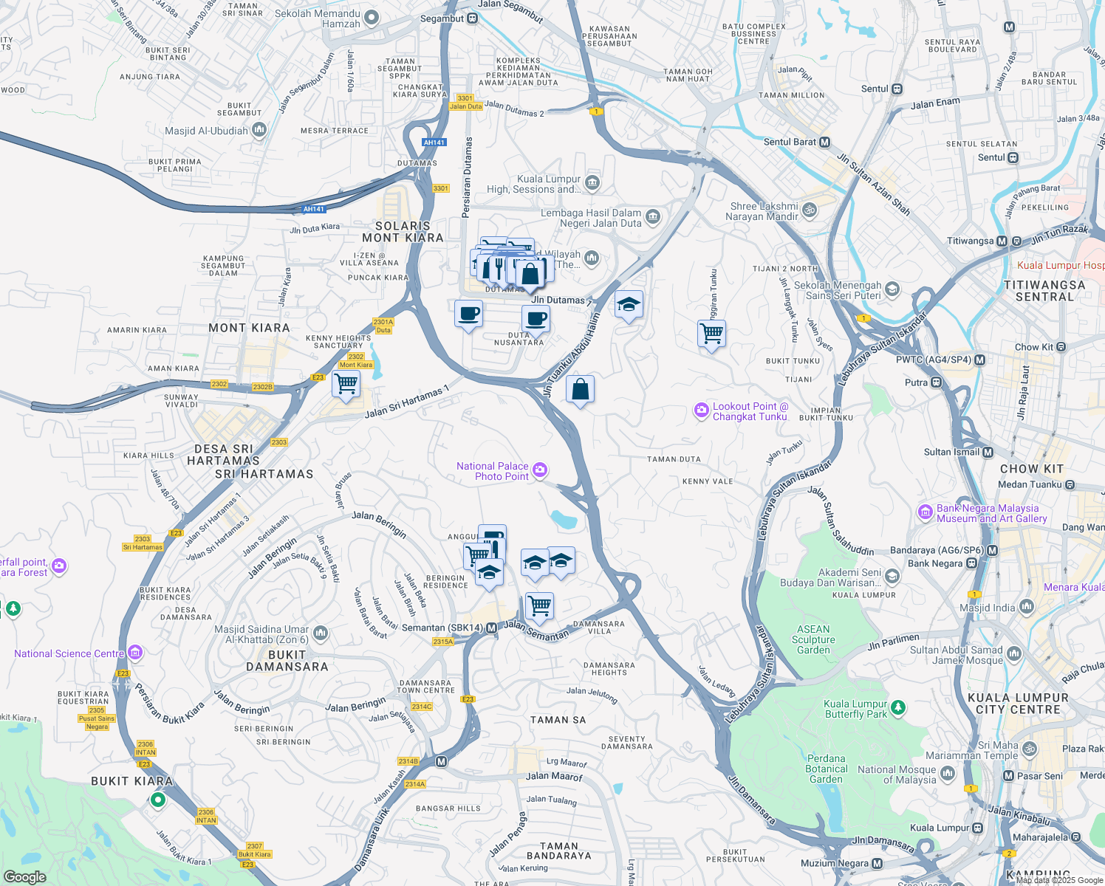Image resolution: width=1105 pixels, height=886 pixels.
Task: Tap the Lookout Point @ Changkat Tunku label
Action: tap(750, 411)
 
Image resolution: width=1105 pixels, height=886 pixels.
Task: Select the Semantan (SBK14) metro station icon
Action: tap(491, 628)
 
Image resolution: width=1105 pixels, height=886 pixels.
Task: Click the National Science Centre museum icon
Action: tap(134, 653)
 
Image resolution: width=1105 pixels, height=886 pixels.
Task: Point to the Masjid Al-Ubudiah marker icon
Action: tap(259, 131)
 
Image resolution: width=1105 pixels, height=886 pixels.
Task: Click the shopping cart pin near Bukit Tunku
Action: tap(711, 334)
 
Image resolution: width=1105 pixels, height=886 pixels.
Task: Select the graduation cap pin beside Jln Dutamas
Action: tap(628, 304)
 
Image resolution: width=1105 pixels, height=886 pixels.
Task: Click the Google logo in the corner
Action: tap(24, 876)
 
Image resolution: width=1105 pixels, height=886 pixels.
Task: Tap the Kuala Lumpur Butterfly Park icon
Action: tap(897, 708)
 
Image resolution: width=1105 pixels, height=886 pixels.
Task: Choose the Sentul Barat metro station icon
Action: tap(825, 142)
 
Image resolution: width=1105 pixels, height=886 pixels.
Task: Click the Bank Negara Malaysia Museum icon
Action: tap(925, 512)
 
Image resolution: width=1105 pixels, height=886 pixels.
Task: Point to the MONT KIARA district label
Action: tap(249, 328)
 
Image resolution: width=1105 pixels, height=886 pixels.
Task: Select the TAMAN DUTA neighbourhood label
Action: tap(674, 459)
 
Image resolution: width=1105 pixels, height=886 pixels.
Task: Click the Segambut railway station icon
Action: tap(473, 18)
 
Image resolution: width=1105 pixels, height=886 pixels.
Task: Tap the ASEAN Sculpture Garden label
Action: tap(813, 639)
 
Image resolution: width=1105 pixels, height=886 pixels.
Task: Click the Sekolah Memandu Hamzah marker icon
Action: tap(372, 17)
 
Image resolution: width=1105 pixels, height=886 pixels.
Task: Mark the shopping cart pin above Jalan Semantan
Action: tap(539, 606)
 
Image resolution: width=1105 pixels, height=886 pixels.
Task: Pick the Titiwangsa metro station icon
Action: tap(1002, 241)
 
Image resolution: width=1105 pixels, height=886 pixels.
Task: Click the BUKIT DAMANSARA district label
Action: tap(287, 661)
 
